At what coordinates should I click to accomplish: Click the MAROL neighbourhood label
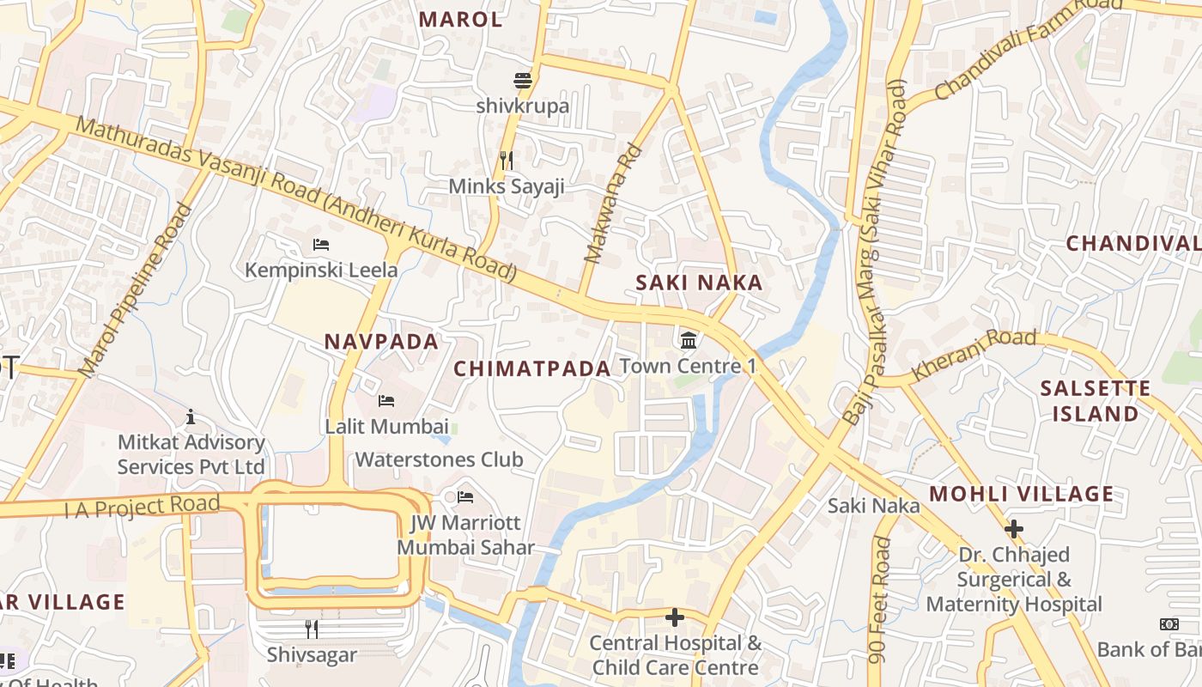(460, 20)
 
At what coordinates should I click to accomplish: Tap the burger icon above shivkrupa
(523, 82)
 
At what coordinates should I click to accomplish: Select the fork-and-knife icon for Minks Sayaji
(507, 160)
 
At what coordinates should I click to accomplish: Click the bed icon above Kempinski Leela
(321, 245)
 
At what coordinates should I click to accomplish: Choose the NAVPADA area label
(381, 342)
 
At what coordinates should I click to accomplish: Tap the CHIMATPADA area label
(531, 369)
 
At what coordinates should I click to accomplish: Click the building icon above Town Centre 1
(688, 342)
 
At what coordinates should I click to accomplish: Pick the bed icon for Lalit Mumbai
(386, 401)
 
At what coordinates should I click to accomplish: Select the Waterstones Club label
(439, 459)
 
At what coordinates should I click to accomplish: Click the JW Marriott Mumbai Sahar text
(465, 535)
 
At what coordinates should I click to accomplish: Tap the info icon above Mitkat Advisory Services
(191, 417)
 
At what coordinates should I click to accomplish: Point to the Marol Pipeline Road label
(135, 290)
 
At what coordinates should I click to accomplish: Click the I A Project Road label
(142, 507)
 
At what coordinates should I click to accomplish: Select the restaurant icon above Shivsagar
(311, 629)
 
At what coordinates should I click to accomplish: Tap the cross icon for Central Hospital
(675, 617)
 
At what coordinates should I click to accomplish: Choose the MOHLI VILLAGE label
(1021, 495)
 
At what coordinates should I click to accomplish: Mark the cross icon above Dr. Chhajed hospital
(1014, 529)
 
